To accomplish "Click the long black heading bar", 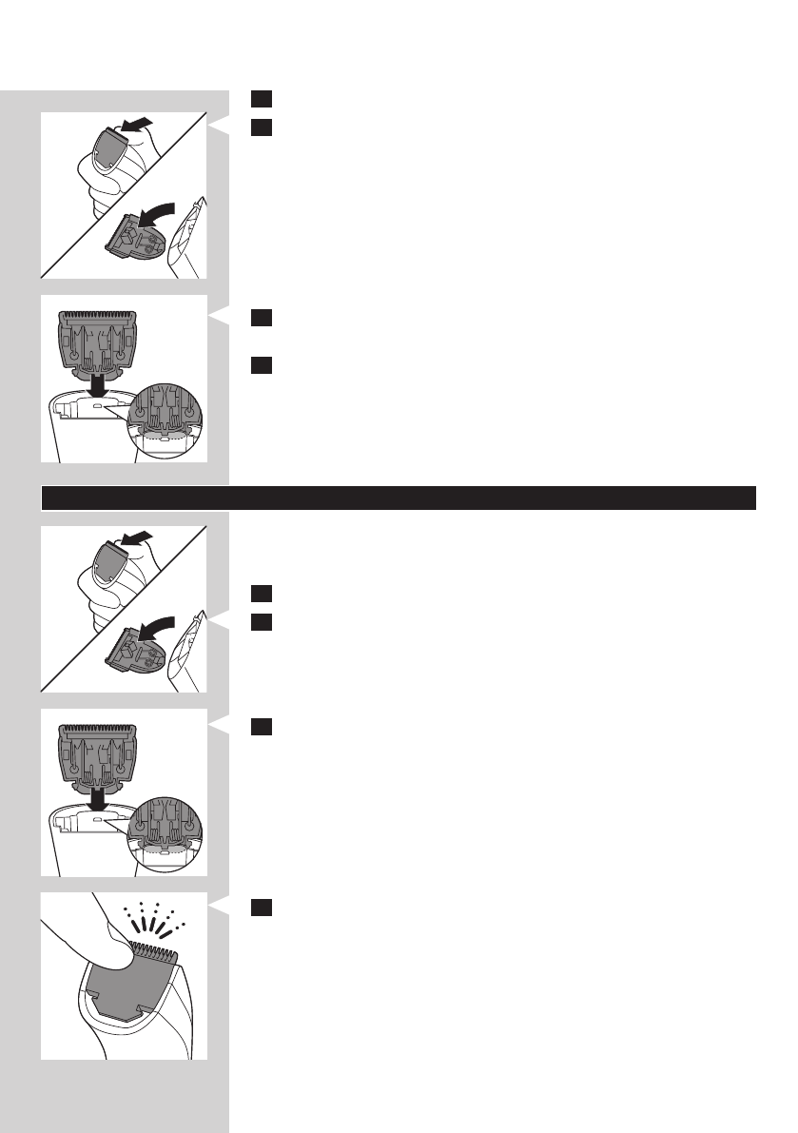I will (399, 498).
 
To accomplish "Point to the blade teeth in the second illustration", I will (98, 315).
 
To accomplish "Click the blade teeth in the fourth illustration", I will (98, 729).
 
